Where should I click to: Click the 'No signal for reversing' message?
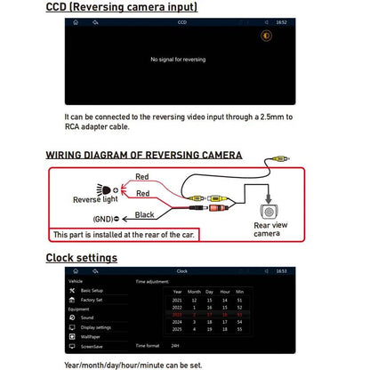(x=178, y=60)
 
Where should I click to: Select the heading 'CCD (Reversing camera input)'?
(x=122, y=7)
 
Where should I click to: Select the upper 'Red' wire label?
(x=142, y=178)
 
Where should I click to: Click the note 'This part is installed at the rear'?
(x=124, y=235)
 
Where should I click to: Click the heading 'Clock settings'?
(x=81, y=258)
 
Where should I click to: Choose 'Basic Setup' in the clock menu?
(x=93, y=291)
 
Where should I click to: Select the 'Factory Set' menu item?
(x=92, y=300)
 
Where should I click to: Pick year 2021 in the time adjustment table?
(x=177, y=300)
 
